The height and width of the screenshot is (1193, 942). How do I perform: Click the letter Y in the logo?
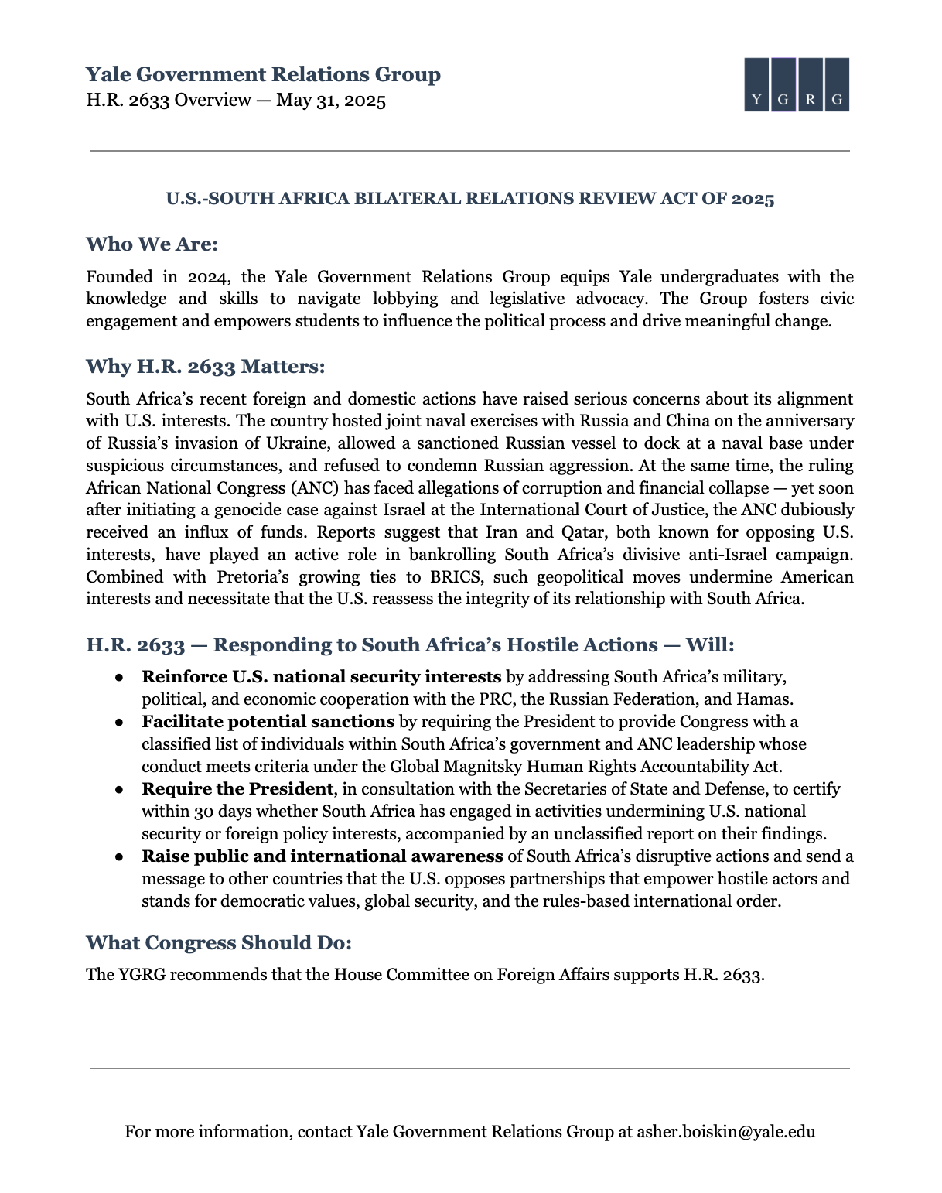click(757, 100)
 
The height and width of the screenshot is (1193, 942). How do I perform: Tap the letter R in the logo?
click(810, 100)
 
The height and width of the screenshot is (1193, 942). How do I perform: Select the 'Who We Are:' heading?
click(152, 244)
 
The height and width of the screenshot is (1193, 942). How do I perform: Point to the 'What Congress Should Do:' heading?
click(219, 942)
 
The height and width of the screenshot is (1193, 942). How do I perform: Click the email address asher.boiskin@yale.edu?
click(725, 1132)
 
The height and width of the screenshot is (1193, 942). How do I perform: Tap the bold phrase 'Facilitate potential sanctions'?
click(268, 722)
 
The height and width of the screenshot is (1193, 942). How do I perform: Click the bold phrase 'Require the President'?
click(237, 789)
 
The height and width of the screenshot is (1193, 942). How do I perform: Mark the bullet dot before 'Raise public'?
click(120, 857)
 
